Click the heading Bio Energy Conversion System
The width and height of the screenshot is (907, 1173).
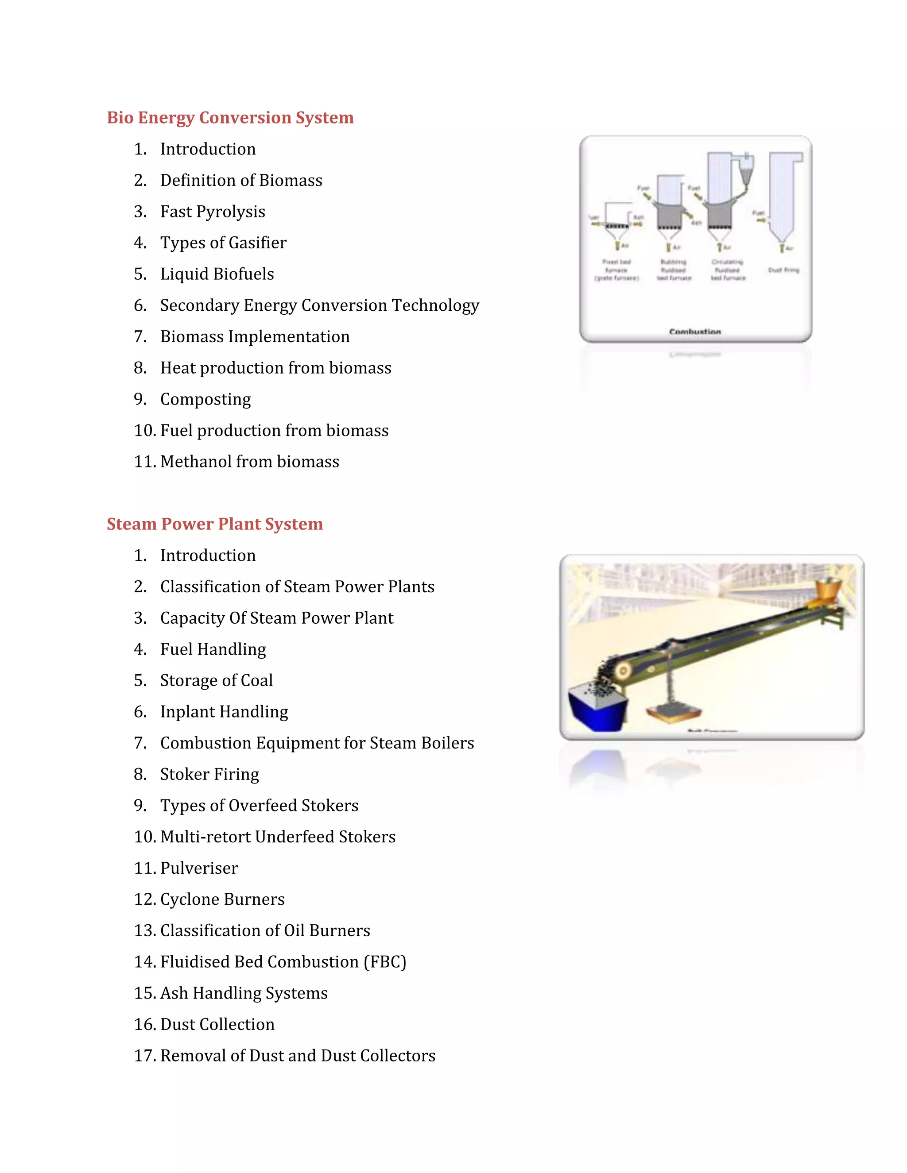coord(230,118)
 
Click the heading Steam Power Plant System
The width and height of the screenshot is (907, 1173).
coord(214,524)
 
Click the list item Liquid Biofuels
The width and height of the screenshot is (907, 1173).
coord(217,274)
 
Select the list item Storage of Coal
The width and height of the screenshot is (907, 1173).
coord(217,680)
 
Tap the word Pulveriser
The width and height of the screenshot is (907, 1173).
coord(199,868)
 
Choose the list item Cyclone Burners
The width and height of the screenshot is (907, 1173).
coord(222,899)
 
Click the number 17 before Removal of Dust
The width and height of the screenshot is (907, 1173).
coord(144,1055)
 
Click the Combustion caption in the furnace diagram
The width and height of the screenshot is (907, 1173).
coord(695,332)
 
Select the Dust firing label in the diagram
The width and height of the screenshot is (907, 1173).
coord(783,270)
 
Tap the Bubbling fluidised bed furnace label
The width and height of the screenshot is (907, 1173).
coord(674,270)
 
